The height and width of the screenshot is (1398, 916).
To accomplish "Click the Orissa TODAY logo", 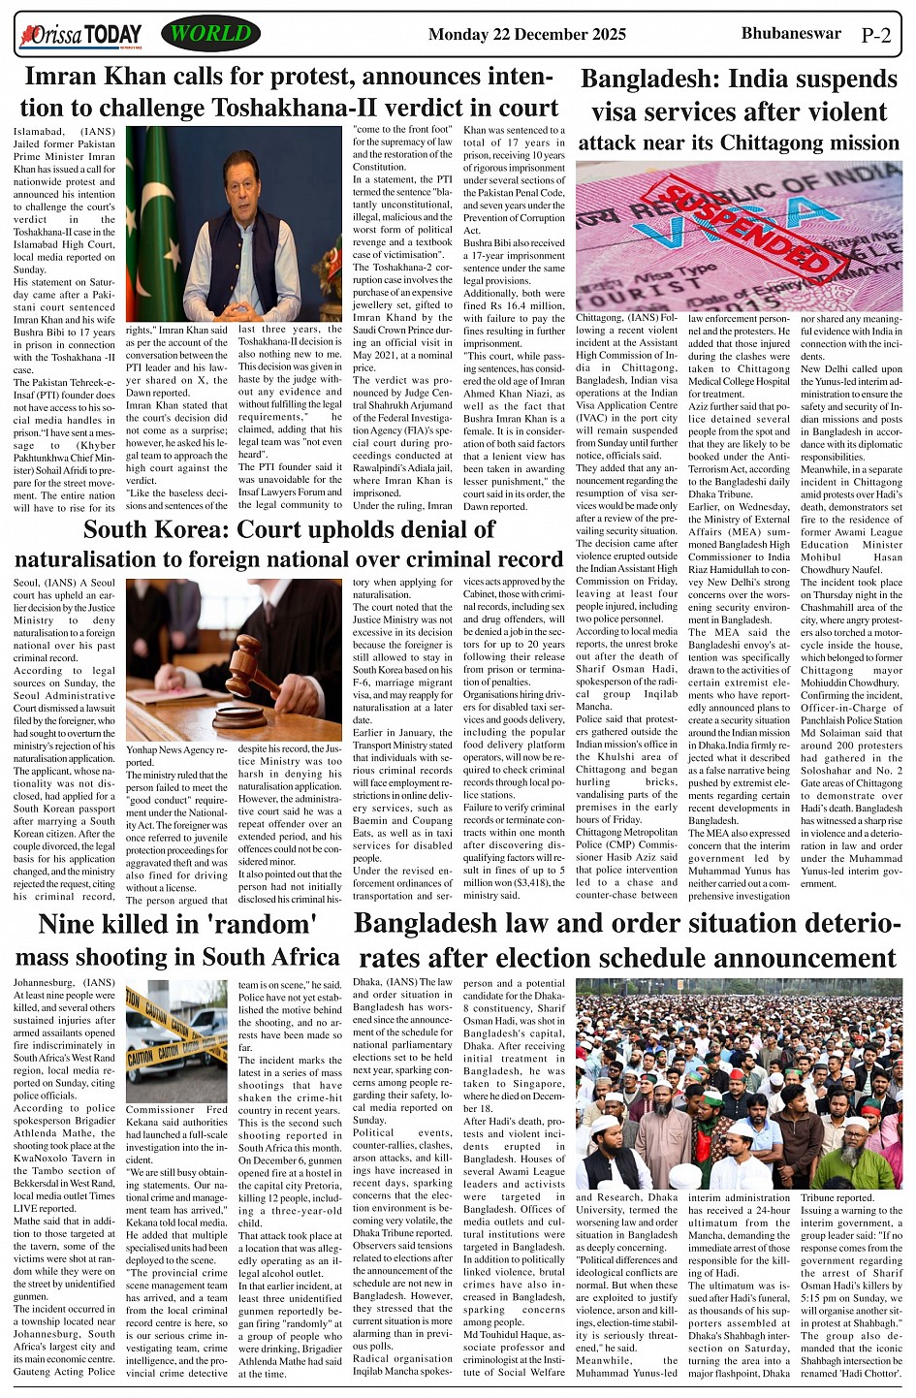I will (x=81, y=36).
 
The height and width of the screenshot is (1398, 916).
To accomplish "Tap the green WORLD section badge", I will (x=211, y=34).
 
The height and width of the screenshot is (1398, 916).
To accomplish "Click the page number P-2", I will (x=875, y=37).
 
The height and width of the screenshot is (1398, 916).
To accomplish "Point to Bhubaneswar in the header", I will (x=791, y=33).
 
